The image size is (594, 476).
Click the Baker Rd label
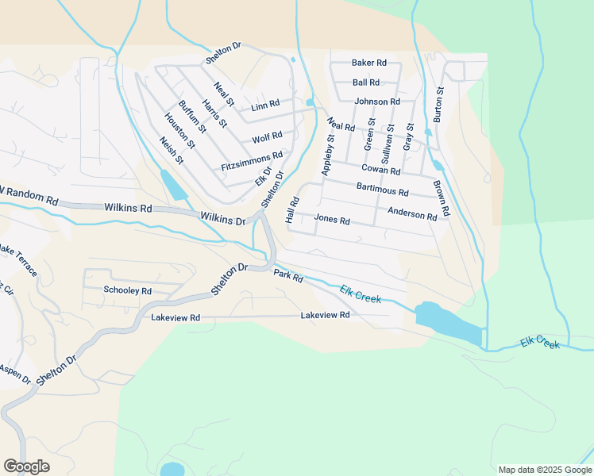tap(369, 63)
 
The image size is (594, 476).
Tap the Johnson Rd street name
tap(376, 102)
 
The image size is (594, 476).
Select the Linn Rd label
tap(265, 105)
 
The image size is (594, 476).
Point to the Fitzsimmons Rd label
tap(253, 161)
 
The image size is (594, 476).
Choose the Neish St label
tap(172, 149)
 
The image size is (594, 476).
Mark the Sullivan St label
tap(389, 142)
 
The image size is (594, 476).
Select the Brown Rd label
tap(442, 199)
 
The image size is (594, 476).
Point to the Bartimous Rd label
tap(382, 191)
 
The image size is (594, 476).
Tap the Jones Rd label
tap(332, 220)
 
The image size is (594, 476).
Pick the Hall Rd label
tap(291, 210)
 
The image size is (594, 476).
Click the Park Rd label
tap(288, 277)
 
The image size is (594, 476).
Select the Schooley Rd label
tap(127, 290)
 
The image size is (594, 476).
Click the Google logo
tap(26, 466)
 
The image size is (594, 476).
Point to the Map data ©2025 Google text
tap(544, 469)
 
